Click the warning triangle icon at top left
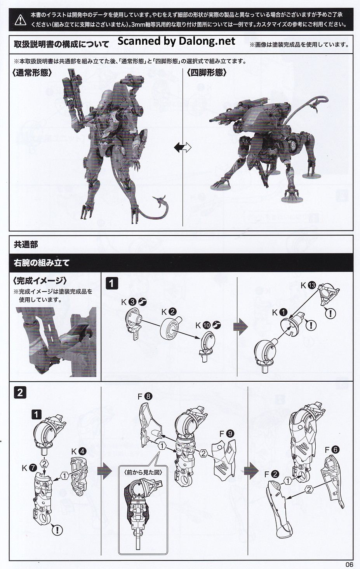tap(20, 20)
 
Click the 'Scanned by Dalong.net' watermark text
tap(176, 41)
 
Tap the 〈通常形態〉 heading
tap(32, 73)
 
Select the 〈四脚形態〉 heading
tap(206, 73)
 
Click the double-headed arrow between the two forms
tap(183, 147)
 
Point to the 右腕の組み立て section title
tap(42, 263)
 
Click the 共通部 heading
tap(26, 244)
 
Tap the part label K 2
tap(169, 311)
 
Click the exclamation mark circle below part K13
tap(330, 313)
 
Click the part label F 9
tap(227, 434)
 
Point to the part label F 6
tap(332, 450)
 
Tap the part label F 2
tap(271, 474)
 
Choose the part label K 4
tap(79, 451)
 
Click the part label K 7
tap(30, 468)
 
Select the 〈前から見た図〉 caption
tap(143, 472)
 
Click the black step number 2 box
tap(20, 393)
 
